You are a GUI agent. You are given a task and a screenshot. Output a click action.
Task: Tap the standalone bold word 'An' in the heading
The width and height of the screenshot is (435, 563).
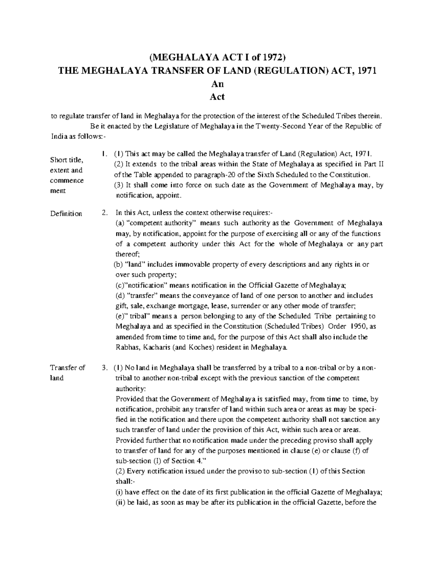pos(217,84)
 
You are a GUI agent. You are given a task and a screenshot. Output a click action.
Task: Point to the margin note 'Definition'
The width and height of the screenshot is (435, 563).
pos(66,214)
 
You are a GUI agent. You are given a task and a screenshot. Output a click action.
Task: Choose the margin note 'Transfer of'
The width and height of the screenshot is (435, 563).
pos(67,368)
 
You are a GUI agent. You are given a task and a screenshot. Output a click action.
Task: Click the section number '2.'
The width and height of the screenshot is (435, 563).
pos(105,213)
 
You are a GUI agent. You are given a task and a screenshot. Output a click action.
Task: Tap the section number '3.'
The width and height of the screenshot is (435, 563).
pos(105,368)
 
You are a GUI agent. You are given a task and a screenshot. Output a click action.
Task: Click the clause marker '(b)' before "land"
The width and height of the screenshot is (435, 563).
pos(119,264)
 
